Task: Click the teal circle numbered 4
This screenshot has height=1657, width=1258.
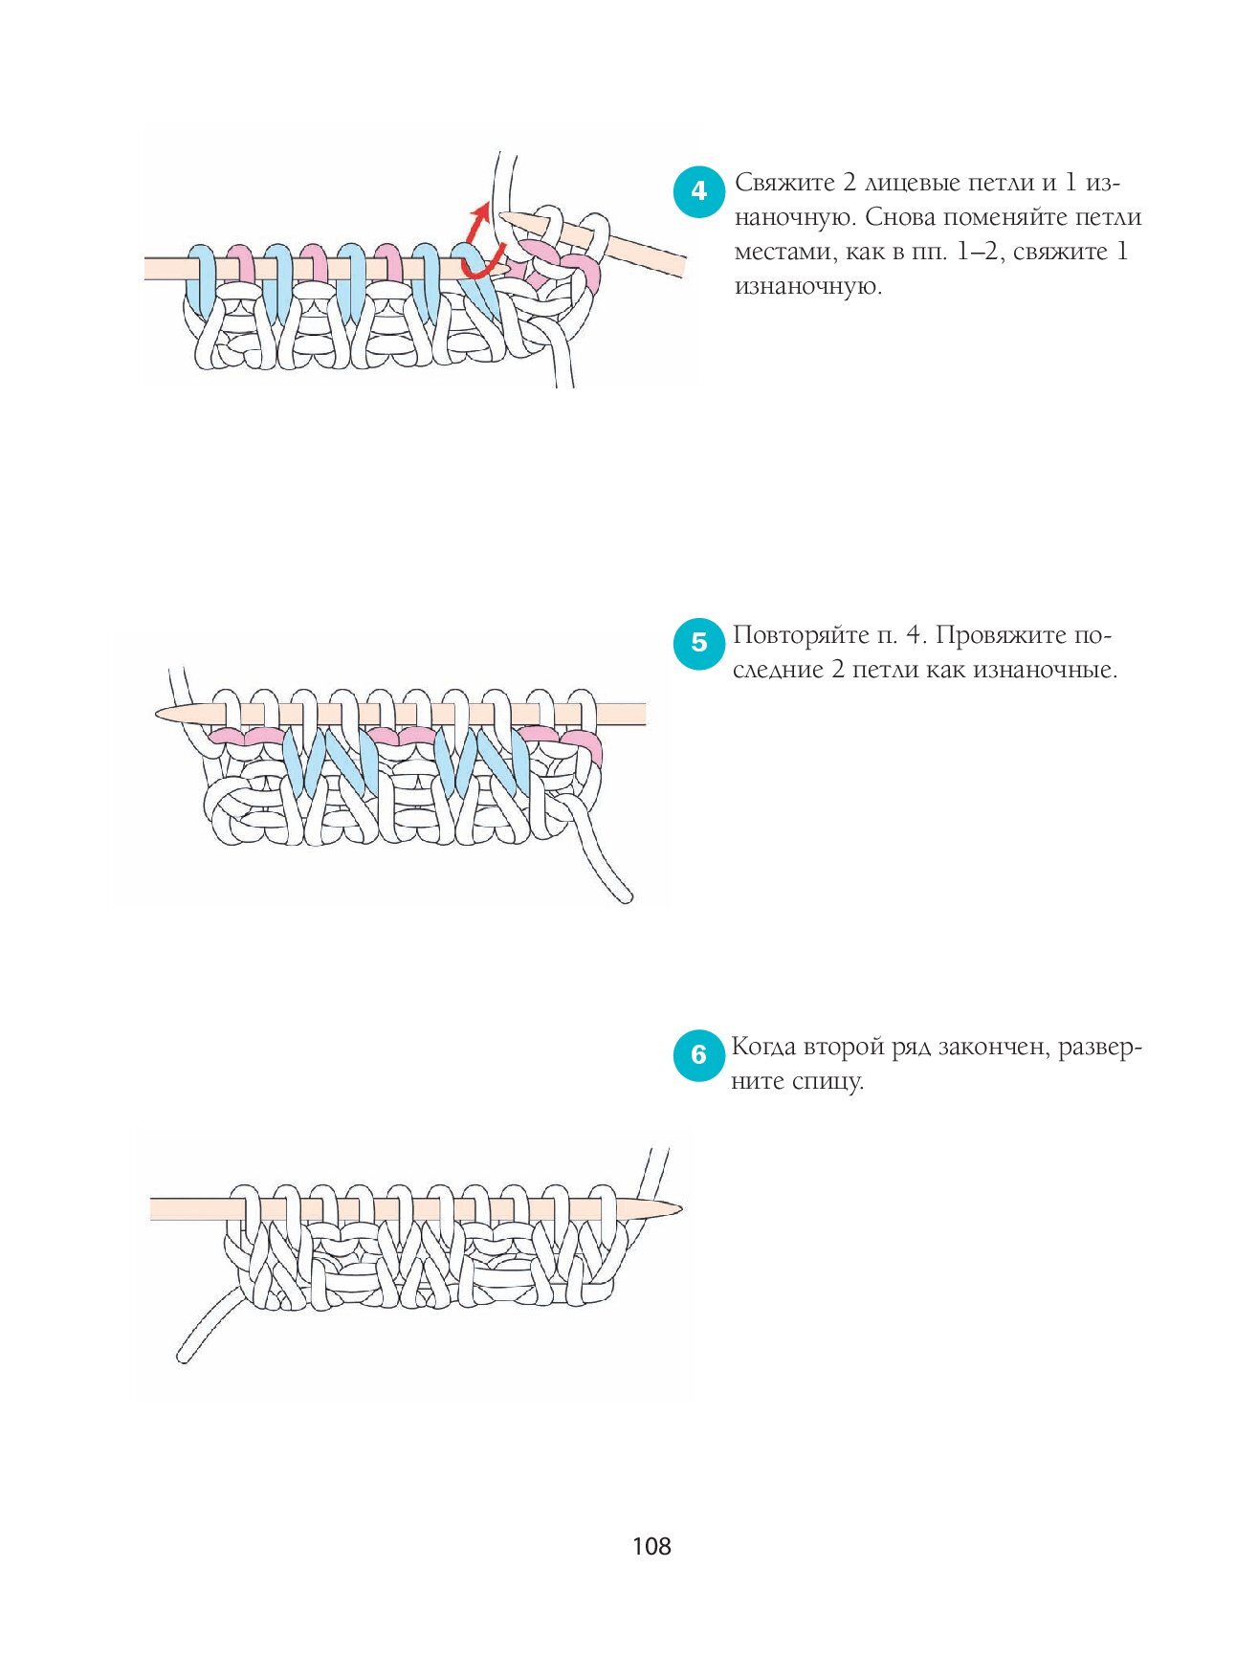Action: (x=699, y=191)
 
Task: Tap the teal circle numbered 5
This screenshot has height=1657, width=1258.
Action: (x=699, y=643)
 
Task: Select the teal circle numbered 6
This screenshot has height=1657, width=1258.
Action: (x=698, y=1055)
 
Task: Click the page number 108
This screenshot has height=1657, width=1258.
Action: (x=651, y=1546)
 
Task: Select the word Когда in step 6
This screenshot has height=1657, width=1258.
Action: (x=763, y=1048)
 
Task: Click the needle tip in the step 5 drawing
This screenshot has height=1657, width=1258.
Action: (x=157, y=714)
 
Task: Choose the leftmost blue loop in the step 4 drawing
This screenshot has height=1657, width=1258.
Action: (x=202, y=276)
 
